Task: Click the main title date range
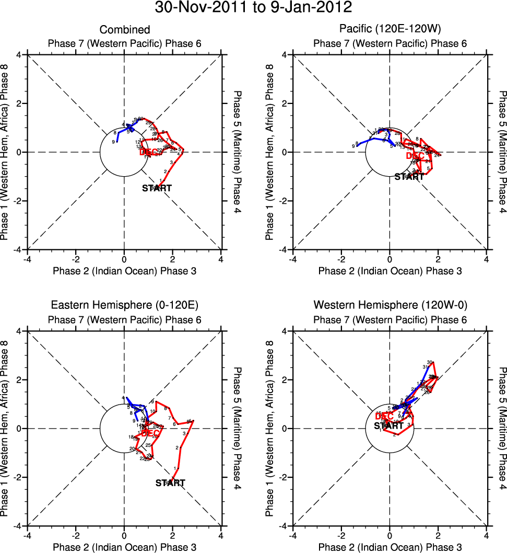[x=253, y=8]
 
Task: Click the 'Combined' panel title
[x=125, y=30]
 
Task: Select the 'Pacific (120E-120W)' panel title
[x=390, y=30]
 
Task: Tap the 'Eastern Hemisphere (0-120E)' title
[x=125, y=305]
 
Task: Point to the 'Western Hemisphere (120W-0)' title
[x=390, y=305]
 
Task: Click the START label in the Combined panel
[x=157, y=188]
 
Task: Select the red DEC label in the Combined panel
[x=149, y=152]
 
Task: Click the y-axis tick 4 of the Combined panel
[x=19, y=54]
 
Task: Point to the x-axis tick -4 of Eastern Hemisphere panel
[x=27, y=536]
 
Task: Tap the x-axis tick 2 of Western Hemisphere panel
[x=438, y=536]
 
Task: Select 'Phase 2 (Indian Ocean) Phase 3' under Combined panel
[x=125, y=271]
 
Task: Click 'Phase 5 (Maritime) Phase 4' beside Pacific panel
[x=502, y=152]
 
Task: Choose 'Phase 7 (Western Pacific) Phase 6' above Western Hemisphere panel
[x=390, y=319]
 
